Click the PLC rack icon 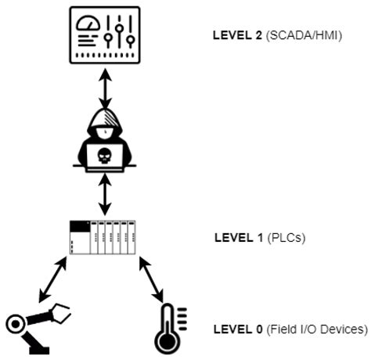pyautogui.click(x=105, y=237)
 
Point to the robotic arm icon pyautogui.click(x=35, y=324)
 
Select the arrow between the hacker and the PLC pyautogui.click(x=105, y=194)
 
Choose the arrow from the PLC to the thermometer pyautogui.click(x=153, y=279)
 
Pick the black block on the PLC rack pyautogui.click(x=79, y=226)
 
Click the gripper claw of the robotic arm pyautogui.click(x=61, y=314)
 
